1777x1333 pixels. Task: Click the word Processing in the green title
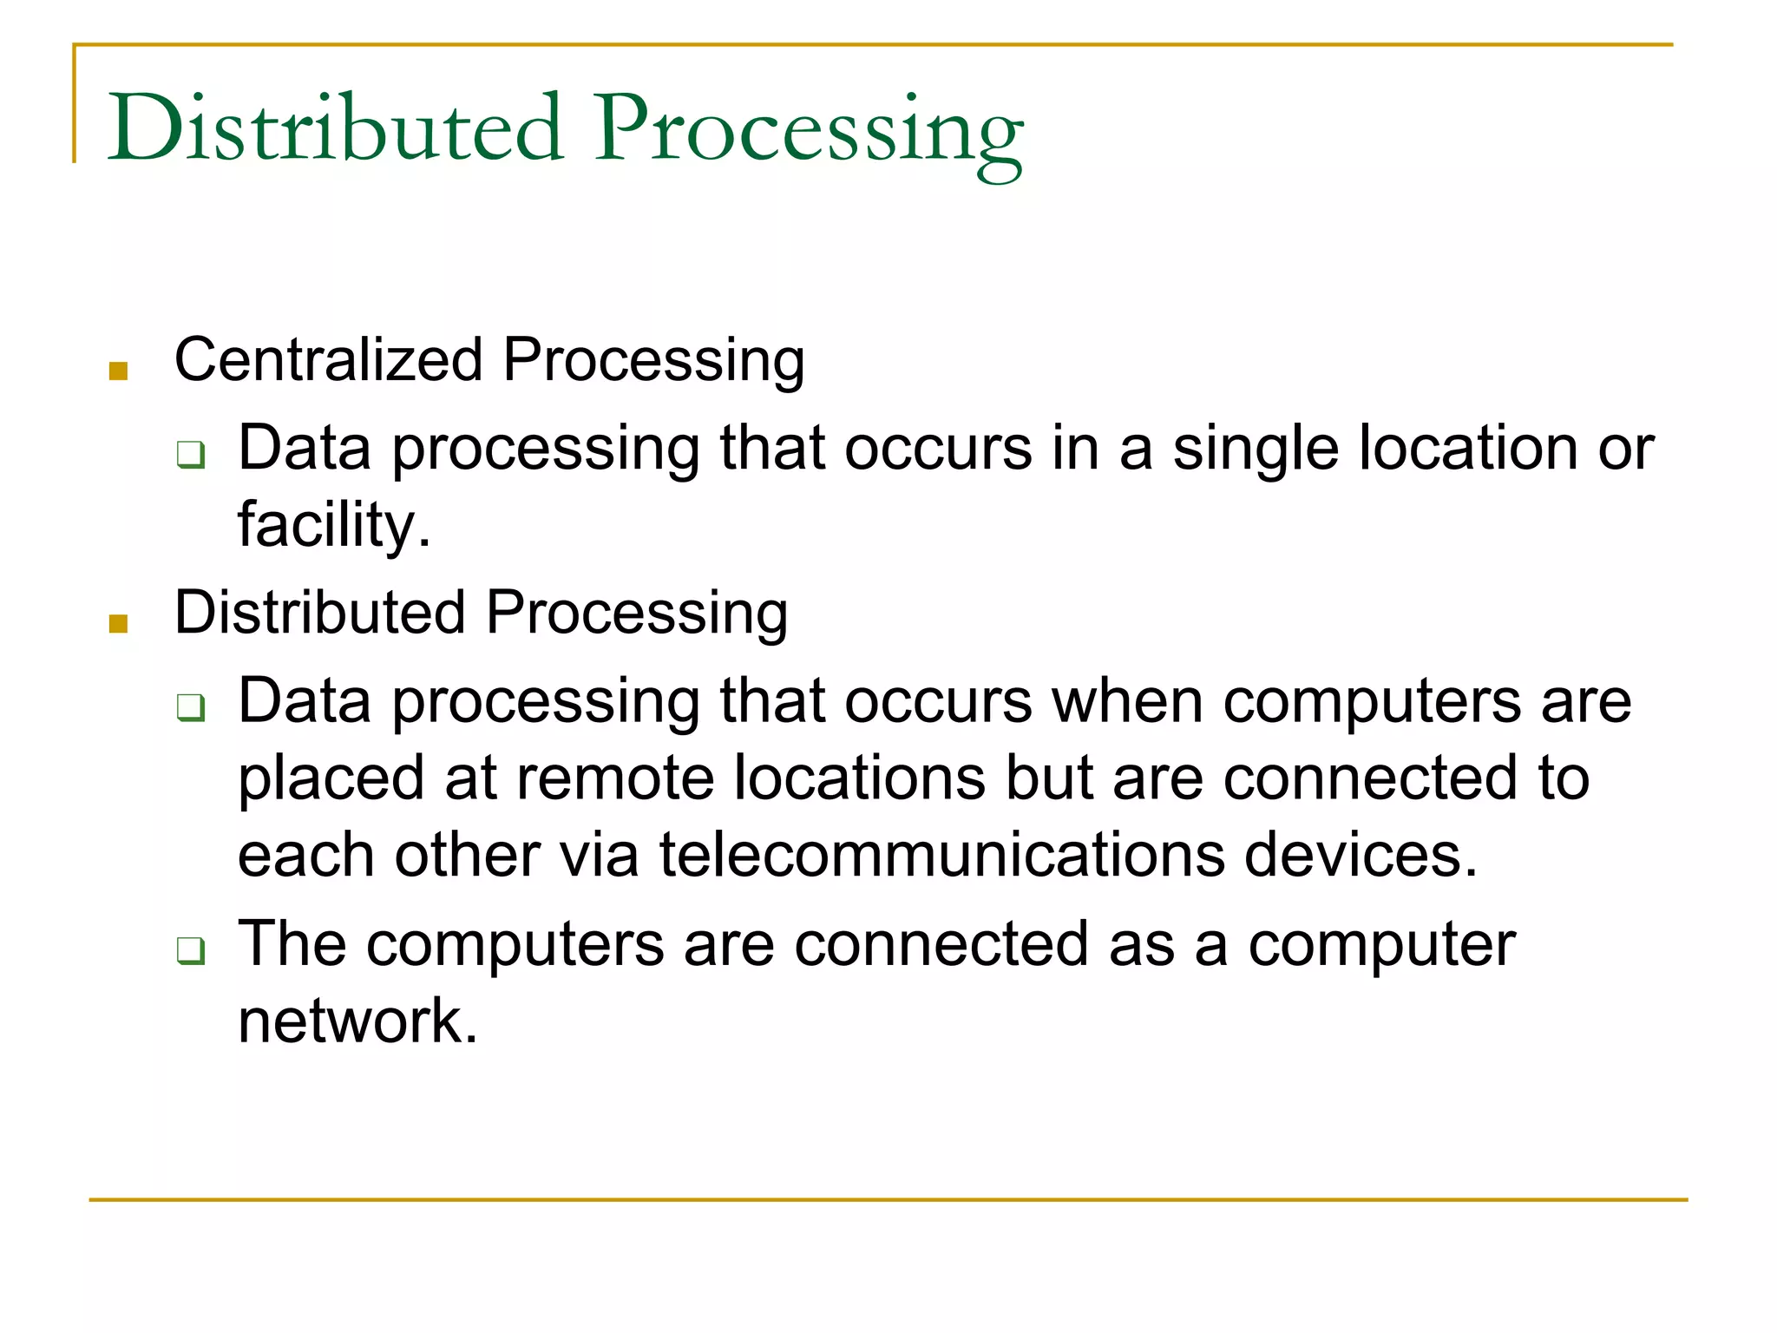pyautogui.click(x=808, y=130)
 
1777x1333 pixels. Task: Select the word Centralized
pyautogui.click(x=329, y=359)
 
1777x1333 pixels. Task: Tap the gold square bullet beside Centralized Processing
pyautogui.click(x=119, y=371)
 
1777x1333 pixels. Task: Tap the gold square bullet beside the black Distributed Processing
pyautogui.click(x=119, y=623)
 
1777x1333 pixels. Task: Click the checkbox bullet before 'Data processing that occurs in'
pyautogui.click(x=191, y=454)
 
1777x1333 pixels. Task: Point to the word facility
pyautogui.click(x=333, y=525)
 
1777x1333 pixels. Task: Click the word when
pyautogui.click(x=1127, y=700)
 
